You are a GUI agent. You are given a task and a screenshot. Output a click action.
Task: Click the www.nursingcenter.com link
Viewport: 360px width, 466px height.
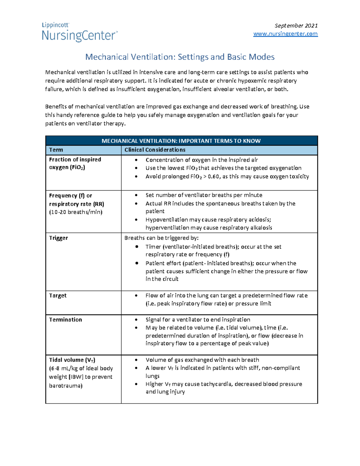[x=285, y=34]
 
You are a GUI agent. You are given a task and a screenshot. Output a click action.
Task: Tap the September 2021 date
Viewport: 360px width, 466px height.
[x=296, y=26]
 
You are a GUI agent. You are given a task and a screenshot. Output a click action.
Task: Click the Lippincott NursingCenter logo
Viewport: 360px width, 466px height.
[x=79, y=32]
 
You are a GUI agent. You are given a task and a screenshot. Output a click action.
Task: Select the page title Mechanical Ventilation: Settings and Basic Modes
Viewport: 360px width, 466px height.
[x=180, y=57]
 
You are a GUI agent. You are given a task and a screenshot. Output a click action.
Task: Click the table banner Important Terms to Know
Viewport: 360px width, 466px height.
[x=181, y=141]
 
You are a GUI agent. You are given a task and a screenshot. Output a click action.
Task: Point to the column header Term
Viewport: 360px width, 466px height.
[x=56, y=150]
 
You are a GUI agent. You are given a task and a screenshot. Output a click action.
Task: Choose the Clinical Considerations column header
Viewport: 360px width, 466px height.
[x=155, y=150]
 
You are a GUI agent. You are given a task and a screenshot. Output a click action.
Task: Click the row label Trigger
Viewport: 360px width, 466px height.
[x=58, y=238]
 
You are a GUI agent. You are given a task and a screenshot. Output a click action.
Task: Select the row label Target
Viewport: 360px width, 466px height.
[x=58, y=296]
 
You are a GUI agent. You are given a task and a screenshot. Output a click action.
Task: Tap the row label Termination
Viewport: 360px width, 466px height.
[x=65, y=320]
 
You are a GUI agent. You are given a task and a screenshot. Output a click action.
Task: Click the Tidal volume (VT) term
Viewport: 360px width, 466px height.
[x=72, y=360]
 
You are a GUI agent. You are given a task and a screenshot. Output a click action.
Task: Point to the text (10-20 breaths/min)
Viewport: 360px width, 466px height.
[x=76, y=212]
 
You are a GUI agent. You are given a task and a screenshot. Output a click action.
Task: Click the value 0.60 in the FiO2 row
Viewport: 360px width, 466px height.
[x=214, y=176]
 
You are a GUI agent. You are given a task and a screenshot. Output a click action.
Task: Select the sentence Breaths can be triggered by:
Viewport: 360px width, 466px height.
[x=161, y=238]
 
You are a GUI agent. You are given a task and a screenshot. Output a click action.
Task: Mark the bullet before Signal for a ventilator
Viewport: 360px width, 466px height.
[x=136, y=320]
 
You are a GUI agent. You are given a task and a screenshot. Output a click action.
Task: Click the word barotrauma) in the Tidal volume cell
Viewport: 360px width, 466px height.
[x=66, y=386]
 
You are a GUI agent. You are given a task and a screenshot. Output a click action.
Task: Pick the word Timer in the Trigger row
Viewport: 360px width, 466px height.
[x=153, y=247]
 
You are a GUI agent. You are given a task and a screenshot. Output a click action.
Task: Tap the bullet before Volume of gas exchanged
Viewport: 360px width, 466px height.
[x=136, y=360]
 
